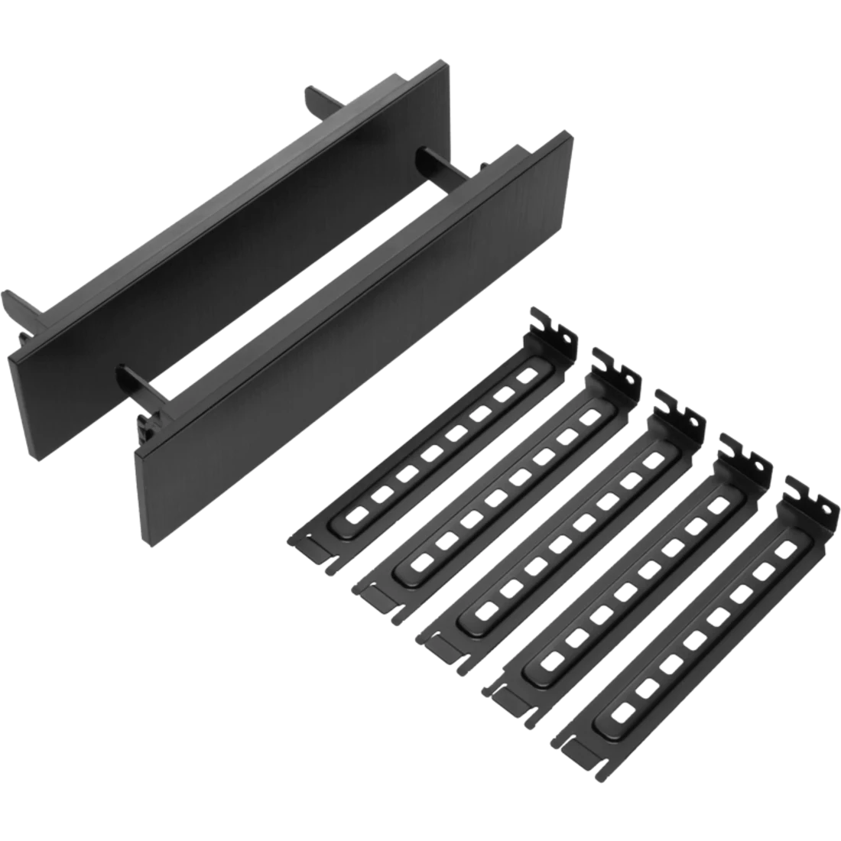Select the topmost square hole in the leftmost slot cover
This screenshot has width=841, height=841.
(526, 376)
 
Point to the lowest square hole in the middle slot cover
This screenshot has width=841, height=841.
(482, 609)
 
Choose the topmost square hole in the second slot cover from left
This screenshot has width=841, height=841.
(589, 417)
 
